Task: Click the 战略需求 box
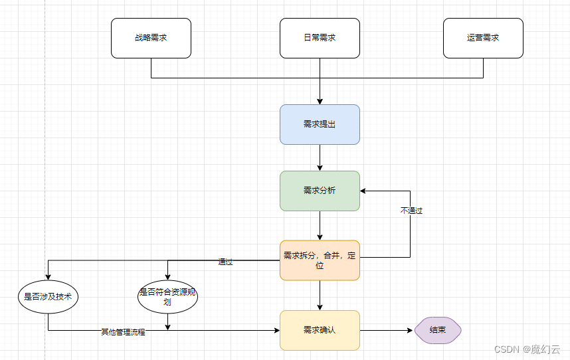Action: (x=151, y=38)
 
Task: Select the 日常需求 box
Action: (x=320, y=38)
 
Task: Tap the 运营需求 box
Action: (x=483, y=38)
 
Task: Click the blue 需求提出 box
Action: (x=320, y=124)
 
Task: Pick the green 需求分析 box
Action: (x=320, y=191)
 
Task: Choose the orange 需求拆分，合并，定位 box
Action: (x=320, y=260)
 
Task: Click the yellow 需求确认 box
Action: (x=320, y=330)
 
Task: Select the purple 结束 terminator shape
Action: (x=438, y=330)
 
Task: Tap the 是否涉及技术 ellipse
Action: (x=48, y=297)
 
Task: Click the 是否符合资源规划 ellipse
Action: (x=167, y=297)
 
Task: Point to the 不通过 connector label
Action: (x=411, y=211)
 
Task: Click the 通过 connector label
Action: (x=225, y=262)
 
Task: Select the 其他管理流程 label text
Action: (x=123, y=332)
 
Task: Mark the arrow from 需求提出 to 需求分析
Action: (x=320, y=157)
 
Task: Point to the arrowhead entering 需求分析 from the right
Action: (x=364, y=191)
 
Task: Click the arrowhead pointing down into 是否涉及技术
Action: (x=48, y=278)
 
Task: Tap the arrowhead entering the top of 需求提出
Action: (x=320, y=101)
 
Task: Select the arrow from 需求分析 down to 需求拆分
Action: (x=320, y=226)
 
